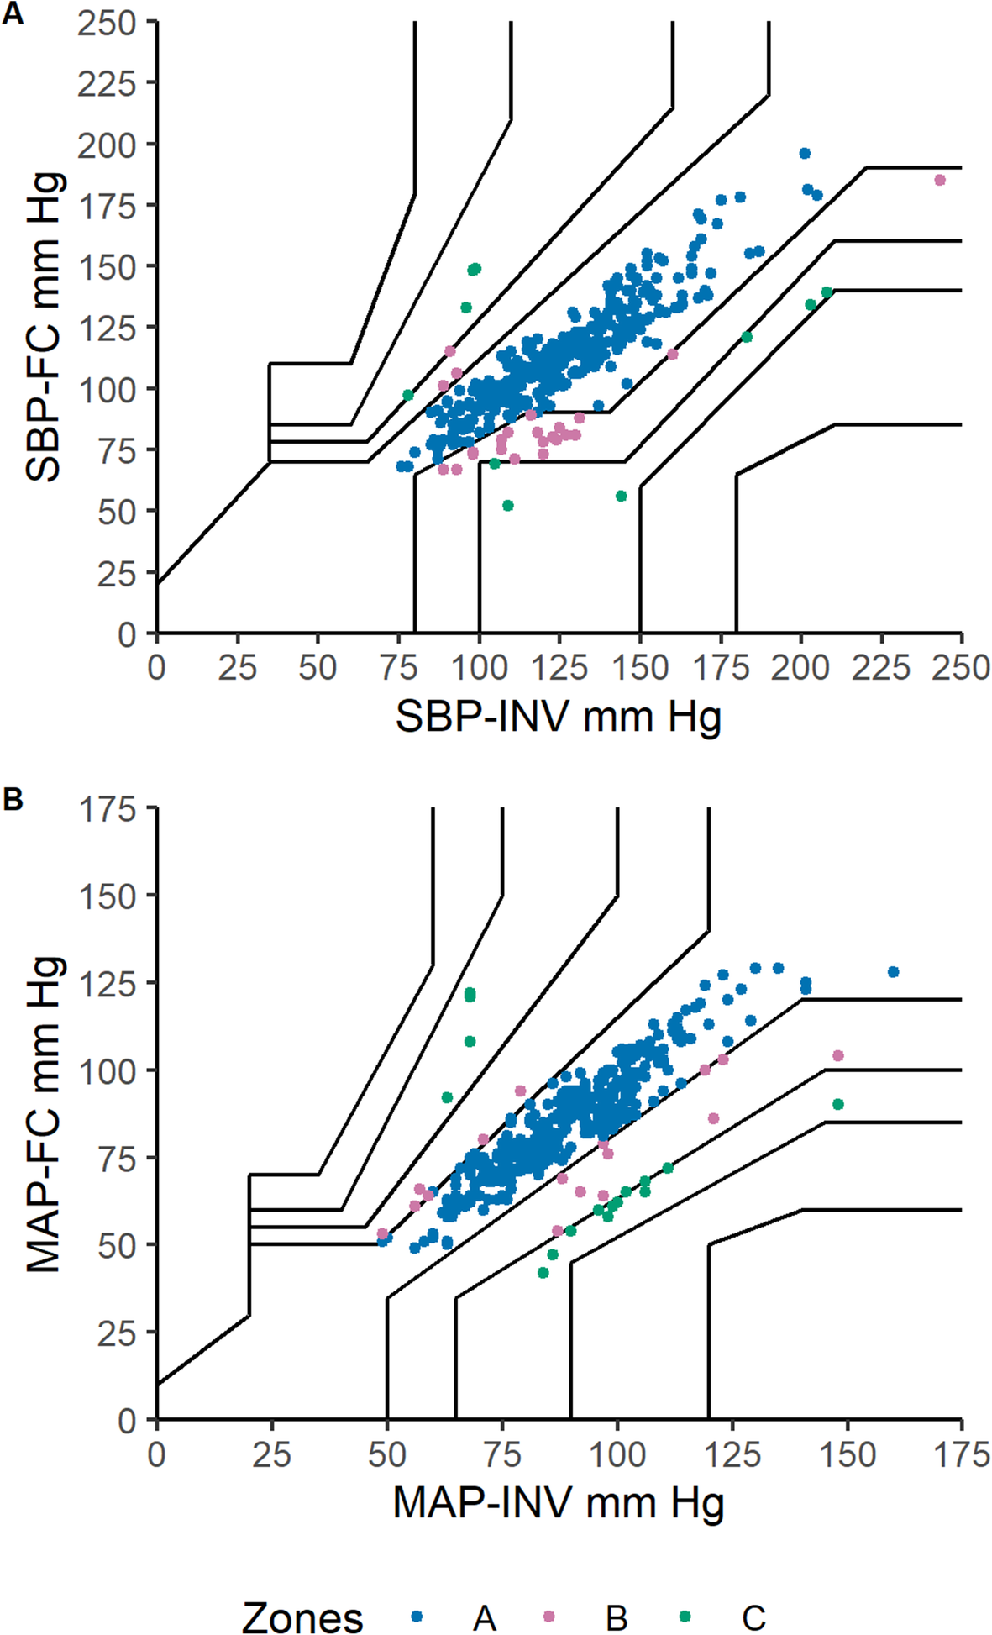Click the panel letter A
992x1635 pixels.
point(12,14)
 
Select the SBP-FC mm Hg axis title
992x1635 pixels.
point(44,327)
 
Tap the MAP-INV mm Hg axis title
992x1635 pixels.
point(559,1502)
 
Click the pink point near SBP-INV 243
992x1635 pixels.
point(940,180)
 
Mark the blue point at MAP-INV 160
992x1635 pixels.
point(893,972)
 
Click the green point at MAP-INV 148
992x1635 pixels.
point(837,1104)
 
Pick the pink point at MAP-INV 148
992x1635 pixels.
point(837,1055)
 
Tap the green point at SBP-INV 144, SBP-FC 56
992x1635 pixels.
point(621,496)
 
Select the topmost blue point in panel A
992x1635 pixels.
point(805,153)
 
